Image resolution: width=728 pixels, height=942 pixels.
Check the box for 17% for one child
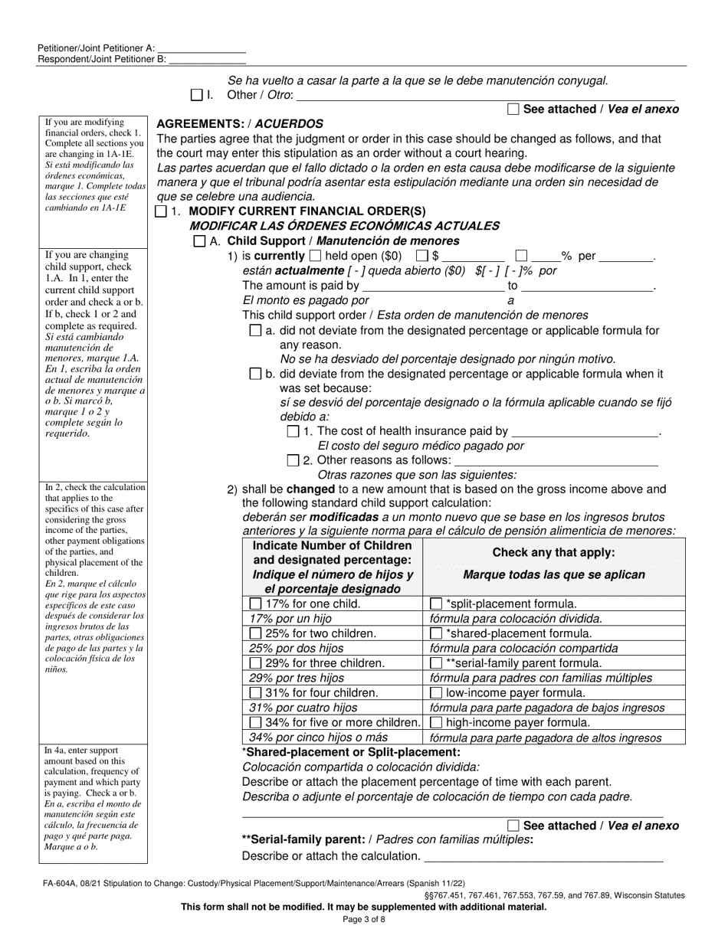click(255, 604)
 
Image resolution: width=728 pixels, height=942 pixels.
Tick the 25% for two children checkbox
click(255, 633)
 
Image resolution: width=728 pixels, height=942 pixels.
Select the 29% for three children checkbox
click(255, 663)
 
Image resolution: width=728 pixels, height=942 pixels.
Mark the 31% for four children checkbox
click(255, 693)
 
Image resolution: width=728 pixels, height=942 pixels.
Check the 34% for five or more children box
click(255, 722)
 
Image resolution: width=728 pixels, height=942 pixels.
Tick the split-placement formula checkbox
click(436, 604)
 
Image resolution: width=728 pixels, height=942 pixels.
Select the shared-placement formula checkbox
click(436, 633)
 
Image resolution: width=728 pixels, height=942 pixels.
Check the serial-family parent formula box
click(436, 663)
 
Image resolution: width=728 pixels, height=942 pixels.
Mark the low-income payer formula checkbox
click(436, 693)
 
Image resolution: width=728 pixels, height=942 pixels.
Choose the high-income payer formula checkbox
click(436, 722)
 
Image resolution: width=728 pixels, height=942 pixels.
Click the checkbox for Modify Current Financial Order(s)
click(160, 211)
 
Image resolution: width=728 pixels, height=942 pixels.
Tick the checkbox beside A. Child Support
click(199, 241)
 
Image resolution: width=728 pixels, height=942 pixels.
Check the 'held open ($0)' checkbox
click(315, 257)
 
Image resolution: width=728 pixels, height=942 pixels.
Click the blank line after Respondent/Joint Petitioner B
click(207, 59)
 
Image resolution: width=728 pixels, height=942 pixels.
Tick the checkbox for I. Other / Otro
click(196, 96)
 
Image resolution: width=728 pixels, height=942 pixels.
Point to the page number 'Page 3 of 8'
click(364, 920)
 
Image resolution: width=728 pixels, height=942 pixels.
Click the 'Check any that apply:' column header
click(553, 552)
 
